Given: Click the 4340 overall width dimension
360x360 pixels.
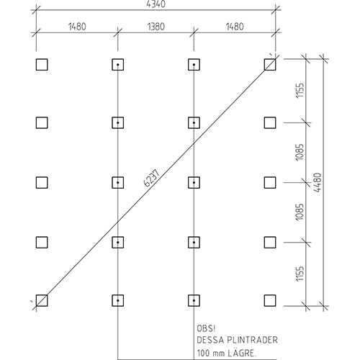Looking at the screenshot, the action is point(156,4).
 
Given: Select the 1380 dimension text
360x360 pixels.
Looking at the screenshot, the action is point(156,27).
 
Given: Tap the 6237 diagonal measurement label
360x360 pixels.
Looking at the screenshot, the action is point(152,178).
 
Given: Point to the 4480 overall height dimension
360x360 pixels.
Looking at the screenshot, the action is point(318,182).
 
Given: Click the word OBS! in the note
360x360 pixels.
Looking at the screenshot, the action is point(206,328).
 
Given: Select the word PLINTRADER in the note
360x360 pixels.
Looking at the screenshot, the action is point(252,340).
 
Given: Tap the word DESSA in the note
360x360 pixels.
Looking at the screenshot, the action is point(210,340).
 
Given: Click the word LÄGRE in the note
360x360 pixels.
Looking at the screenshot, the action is point(242,353).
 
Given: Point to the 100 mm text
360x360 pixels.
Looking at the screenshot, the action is point(211,353).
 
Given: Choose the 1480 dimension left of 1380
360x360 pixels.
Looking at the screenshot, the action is point(77,27).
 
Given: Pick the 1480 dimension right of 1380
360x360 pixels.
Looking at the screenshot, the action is point(235,27).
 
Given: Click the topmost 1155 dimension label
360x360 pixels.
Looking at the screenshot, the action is point(300,91).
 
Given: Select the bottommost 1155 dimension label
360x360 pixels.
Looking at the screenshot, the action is point(300,274).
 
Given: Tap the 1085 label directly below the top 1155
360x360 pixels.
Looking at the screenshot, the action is point(300,153).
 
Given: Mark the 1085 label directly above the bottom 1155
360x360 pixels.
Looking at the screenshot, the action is point(300,212).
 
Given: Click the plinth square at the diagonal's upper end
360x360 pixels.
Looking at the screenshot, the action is point(270,65).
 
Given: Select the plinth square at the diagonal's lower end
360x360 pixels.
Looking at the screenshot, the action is point(42,300).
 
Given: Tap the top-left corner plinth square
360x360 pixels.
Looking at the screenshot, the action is point(42,65).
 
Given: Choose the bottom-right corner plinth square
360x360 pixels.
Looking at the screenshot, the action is point(270,300).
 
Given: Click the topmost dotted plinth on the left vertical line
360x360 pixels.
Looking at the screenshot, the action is point(118,65).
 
